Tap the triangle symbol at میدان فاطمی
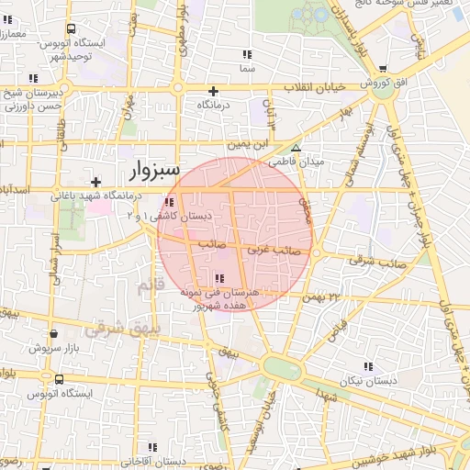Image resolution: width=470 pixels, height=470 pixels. pos(296,148)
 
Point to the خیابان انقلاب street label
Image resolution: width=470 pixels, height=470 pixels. pos(286,86)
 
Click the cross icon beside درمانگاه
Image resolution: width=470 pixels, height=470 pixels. pos(214,91)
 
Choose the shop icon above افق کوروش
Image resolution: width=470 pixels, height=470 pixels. pos(383,69)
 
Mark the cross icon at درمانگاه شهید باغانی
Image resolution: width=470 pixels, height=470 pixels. pos(95,182)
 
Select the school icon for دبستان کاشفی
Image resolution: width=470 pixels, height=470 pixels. pos(168,202)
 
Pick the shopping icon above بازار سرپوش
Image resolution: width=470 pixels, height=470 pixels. pos(54,334)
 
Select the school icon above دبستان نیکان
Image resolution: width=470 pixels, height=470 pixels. pos(369,365)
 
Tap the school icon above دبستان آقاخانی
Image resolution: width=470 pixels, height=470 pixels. pos(152,446)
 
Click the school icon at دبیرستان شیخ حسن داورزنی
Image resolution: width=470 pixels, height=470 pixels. pos(33,78)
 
